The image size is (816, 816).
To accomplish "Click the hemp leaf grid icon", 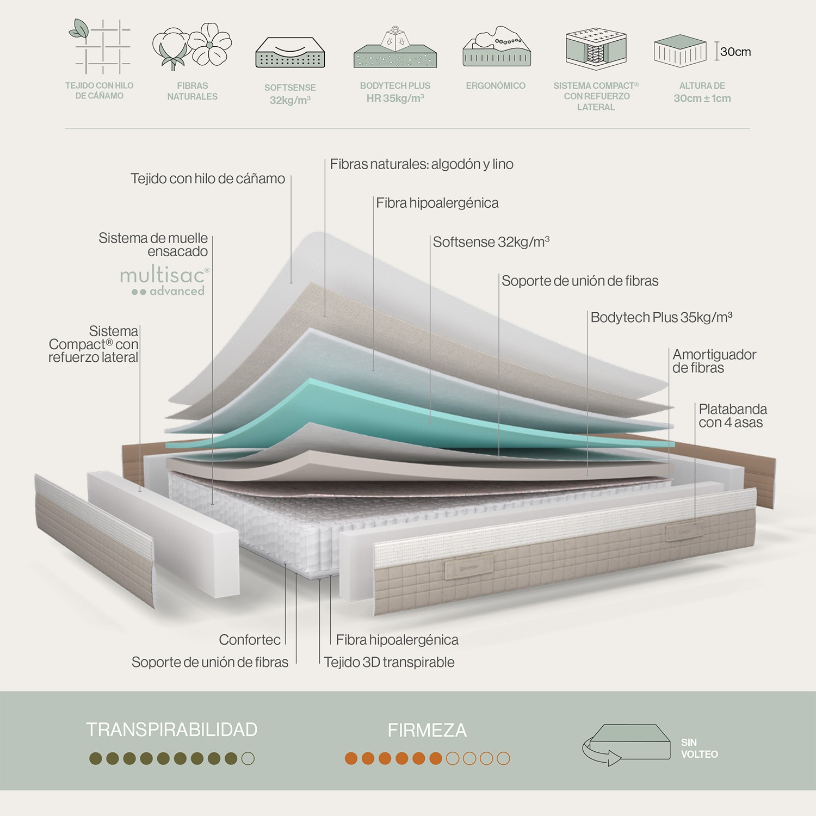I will point(100,46).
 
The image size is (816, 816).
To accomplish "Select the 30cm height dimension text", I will point(735,52).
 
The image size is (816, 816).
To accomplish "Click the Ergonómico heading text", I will point(496,85).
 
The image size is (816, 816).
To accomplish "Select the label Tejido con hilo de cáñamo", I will point(208,178).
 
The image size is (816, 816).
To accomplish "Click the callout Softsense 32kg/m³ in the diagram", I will point(491,242).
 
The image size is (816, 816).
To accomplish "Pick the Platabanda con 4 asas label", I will point(732,416).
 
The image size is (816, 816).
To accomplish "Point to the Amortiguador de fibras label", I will point(714,361).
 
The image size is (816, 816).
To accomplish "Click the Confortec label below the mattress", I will point(250,640).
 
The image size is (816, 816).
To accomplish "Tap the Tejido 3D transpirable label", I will point(389,662).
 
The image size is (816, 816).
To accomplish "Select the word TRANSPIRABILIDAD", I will point(171,730).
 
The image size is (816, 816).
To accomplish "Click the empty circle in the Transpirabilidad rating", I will point(248,758).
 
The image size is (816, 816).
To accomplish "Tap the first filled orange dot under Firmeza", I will point(351,758).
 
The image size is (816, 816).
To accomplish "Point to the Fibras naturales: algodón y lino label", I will point(422,164).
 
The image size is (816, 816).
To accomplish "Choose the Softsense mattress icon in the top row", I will point(290,53).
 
